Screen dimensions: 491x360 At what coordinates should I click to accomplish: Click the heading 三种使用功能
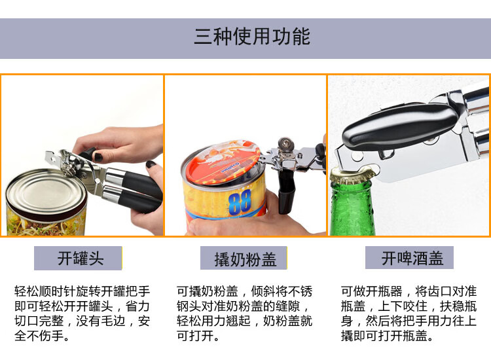252,36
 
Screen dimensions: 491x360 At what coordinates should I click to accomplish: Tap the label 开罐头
81,259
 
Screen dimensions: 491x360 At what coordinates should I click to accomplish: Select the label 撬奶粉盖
245,259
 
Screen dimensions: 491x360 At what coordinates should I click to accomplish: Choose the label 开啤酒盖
412,259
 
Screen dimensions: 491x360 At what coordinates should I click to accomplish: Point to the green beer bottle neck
353,209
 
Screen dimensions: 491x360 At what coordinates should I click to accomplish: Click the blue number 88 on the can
240,202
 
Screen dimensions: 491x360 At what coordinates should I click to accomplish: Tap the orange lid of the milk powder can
223,162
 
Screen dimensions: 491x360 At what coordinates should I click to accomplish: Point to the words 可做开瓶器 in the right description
371,291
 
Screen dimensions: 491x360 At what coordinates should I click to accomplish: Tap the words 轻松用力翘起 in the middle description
213,321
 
